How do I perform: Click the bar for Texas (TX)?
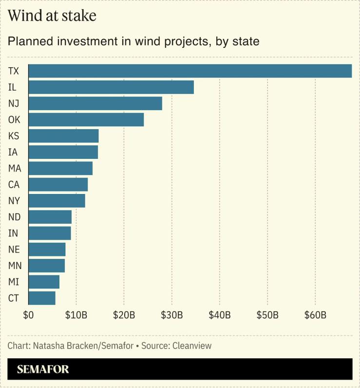click(190, 71)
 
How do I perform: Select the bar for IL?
click(111, 87)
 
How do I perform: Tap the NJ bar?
click(95, 103)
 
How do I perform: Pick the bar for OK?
click(86, 119)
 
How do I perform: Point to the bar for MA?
click(60, 168)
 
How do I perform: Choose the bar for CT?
click(42, 298)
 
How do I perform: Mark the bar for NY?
click(57, 200)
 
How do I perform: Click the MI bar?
click(44, 282)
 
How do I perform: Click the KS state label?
click(14, 136)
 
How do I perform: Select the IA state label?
click(13, 152)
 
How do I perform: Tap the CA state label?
click(14, 185)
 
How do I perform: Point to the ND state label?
click(14, 217)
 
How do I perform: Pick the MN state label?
click(15, 266)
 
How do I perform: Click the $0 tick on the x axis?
click(28, 315)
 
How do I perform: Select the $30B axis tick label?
click(171, 315)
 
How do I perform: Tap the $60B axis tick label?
click(315, 315)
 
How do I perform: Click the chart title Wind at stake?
click(52, 16)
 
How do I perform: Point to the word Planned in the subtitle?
click(29, 42)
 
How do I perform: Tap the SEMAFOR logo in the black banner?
click(43, 369)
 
